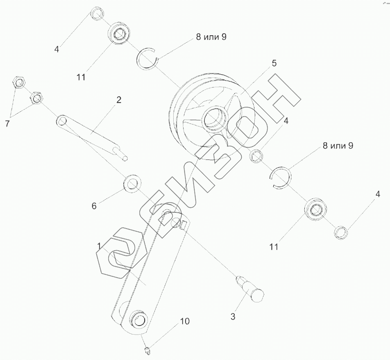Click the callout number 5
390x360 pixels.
[x=274, y=63]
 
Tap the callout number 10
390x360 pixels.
[x=185, y=321]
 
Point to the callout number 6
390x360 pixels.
[x=94, y=206]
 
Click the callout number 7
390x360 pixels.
[x=7, y=124]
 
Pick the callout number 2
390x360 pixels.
[x=119, y=99]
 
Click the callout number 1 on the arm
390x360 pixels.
[x=99, y=246]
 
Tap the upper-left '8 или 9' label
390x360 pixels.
[x=211, y=37]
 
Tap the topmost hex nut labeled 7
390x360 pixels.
[x=19, y=82]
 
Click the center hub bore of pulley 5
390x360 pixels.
[x=213, y=117]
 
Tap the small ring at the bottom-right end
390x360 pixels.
[x=341, y=232]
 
